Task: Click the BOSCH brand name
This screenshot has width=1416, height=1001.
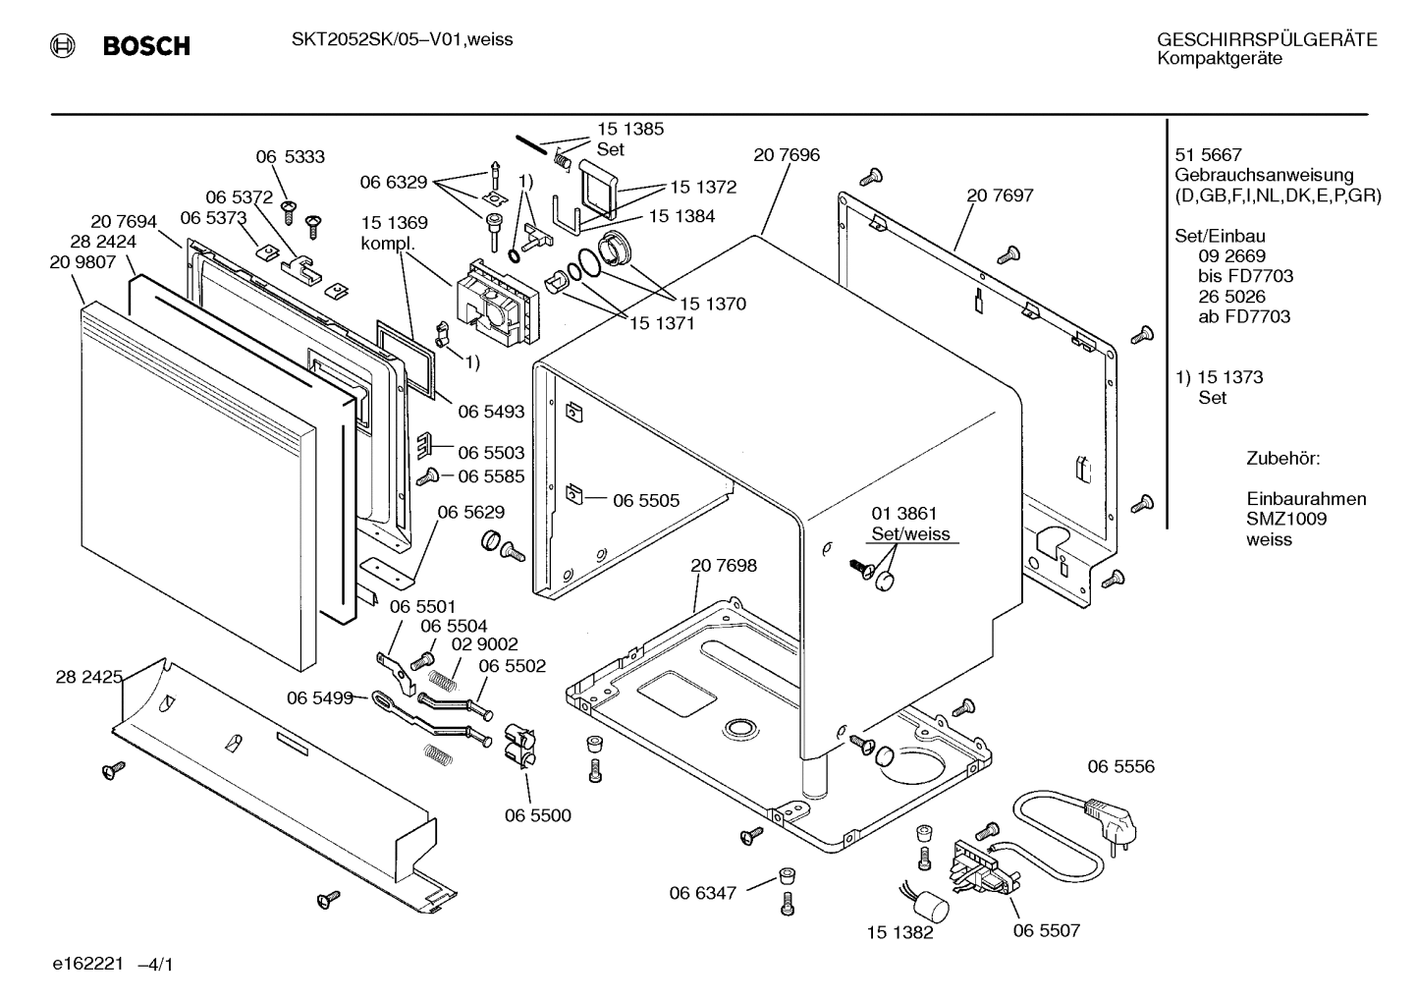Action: [x=146, y=46]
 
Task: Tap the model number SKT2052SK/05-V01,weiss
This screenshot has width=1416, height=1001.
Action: [x=402, y=39]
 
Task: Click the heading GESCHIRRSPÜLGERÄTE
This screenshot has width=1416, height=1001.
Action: [x=1267, y=40]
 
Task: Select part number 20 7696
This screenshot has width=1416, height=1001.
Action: [x=787, y=155]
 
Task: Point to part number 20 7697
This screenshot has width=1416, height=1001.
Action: [x=1000, y=195]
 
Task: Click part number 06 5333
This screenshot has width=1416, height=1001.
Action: [x=290, y=157]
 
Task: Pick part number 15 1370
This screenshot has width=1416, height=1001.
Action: [x=713, y=305]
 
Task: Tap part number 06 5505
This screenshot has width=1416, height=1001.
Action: [x=646, y=500]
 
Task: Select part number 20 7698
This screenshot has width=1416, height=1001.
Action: [x=723, y=565]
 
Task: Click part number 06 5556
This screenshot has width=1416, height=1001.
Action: [x=1120, y=766]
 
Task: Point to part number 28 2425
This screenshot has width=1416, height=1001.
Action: [x=89, y=677]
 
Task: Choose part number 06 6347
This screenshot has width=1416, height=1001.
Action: [x=703, y=893]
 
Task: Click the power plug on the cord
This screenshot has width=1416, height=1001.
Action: [x=1112, y=819]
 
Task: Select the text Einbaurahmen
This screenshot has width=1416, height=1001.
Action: [x=1306, y=499]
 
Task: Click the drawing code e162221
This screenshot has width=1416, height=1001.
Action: [x=87, y=964]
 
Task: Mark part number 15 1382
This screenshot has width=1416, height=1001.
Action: [x=899, y=932]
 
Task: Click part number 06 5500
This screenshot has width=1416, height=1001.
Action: [x=537, y=815]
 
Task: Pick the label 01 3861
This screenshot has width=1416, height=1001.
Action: [x=904, y=514]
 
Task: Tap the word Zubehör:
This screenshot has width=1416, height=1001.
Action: [x=1283, y=459]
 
